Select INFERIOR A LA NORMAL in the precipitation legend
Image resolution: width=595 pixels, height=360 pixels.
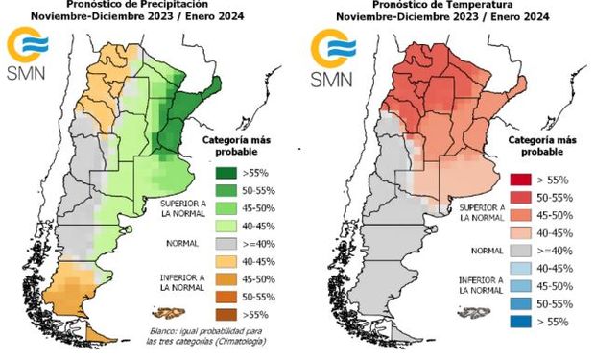tap(182, 284)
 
